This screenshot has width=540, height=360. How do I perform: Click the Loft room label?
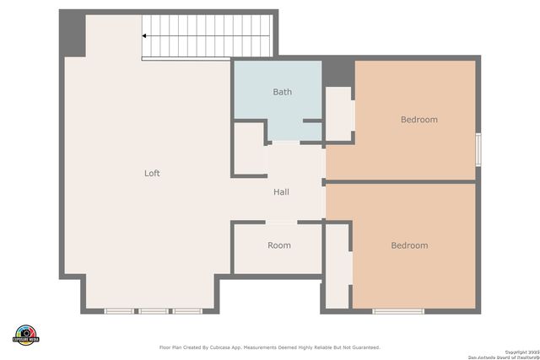152,174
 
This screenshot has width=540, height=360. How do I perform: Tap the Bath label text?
282,92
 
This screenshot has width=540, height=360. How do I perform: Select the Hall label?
281,192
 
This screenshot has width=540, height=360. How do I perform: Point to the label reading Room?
279,246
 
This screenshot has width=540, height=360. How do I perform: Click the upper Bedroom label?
418,120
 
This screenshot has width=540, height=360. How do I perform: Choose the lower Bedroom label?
409,246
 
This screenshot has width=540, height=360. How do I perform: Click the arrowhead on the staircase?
145,36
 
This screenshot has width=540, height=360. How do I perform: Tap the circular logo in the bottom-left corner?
26,334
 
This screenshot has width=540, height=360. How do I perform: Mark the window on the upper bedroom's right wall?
478,149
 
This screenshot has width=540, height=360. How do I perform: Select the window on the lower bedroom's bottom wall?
398,311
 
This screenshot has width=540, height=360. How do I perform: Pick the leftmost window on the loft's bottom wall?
119,311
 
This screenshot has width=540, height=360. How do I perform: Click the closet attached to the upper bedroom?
338,114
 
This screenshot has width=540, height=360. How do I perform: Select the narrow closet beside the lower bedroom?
338,266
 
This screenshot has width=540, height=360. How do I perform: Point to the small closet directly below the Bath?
249,150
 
